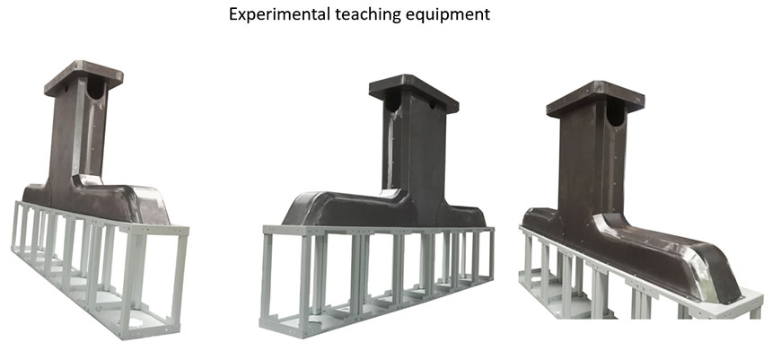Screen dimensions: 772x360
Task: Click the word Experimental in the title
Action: coord(280,13)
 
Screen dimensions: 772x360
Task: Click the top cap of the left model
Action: coord(83,77)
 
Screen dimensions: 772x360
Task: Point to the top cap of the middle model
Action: coord(414,92)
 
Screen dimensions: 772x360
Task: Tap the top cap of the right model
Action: coord(595,98)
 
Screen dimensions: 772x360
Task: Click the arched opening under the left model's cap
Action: coord(96,89)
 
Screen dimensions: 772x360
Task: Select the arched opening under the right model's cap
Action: coord(616,113)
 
